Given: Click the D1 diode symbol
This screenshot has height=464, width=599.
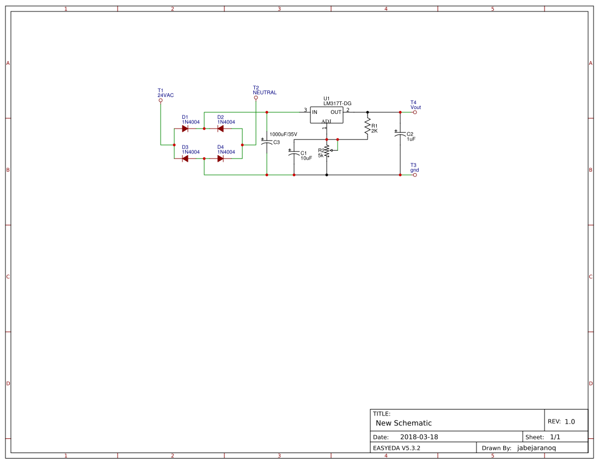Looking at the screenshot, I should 185,129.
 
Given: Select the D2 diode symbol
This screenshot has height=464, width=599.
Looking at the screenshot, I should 221,129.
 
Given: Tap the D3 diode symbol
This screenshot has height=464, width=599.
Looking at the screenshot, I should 185,158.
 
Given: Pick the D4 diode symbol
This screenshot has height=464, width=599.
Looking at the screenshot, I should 221,158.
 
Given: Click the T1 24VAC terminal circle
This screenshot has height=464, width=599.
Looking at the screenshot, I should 161,100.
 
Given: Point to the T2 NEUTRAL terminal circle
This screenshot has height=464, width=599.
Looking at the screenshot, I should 256,98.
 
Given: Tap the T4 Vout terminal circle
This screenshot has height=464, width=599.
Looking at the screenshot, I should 415,112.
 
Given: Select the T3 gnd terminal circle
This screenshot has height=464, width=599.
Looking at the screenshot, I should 415,175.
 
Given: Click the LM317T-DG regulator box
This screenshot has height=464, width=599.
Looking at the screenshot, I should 327,114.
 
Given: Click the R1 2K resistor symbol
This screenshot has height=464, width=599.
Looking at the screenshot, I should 368,125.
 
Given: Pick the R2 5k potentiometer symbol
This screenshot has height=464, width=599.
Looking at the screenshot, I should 327,151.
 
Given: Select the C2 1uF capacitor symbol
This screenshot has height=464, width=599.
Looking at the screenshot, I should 400,134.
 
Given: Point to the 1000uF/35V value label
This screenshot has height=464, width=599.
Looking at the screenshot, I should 283,134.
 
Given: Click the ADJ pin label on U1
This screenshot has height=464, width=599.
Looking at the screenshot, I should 326,121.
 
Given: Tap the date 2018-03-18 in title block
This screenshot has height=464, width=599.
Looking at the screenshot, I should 419,437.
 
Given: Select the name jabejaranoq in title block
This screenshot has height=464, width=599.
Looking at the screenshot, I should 536,448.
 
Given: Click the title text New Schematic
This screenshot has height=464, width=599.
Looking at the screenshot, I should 404,423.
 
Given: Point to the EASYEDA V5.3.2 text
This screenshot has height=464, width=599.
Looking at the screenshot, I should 396,448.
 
